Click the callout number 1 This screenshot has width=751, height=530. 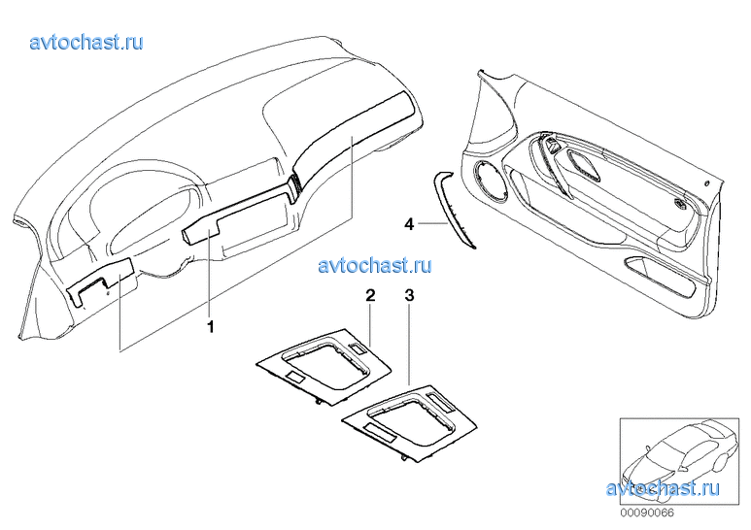click(x=210, y=327)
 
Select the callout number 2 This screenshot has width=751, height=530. click(x=370, y=296)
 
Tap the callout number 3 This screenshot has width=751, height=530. click(x=409, y=296)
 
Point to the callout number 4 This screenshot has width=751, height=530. click(x=409, y=223)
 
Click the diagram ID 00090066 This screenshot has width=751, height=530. click(x=647, y=513)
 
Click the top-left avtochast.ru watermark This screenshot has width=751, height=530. click(x=86, y=42)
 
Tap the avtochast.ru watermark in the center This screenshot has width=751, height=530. click(x=375, y=265)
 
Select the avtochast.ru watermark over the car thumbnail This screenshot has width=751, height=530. click(x=663, y=488)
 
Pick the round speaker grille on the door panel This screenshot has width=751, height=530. click(x=490, y=182)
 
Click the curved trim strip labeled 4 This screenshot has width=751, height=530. click(x=452, y=209)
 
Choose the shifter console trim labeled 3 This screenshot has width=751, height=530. click(x=410, y=423)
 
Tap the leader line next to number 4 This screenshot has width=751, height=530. click(x=433, y=223)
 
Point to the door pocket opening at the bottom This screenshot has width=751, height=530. click(x=660, y=281)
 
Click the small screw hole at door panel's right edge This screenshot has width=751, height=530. click(x=707, y=183)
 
